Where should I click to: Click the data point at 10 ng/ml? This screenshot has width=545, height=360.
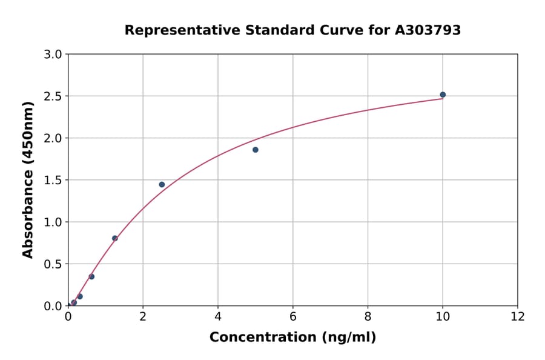[x=443, y=95]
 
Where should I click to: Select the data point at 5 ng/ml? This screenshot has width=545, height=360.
[x=256, y=150]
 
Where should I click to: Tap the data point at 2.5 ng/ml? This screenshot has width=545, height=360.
[x=162, y=184]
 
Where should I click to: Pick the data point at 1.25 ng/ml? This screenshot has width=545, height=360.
[x=115, y=238]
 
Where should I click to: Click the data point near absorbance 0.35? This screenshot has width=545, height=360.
[x=91, y=276]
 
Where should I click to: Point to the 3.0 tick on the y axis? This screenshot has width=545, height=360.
[x=54, y=55]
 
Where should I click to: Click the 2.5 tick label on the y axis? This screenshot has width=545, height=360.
[x=54, y=96]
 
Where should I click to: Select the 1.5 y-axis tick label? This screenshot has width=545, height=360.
[x=54, y=180]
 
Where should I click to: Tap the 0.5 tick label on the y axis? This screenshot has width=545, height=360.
[x=54, y=264]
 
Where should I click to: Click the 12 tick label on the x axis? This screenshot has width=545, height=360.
[x=517, y=316]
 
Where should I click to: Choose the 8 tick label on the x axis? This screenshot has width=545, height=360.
[x=368, y=316]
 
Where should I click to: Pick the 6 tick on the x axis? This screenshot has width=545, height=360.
[x=292, y=316]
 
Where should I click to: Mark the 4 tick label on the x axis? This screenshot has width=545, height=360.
[x=218, y=316]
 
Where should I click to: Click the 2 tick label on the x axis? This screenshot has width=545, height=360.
[x=143, y=316]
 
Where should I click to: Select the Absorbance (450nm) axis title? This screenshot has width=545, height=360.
[x=28, y=179]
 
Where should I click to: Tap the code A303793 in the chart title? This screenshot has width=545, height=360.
[x=428, y=30]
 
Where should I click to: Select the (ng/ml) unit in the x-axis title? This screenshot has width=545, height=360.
[x=349, y=338]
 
